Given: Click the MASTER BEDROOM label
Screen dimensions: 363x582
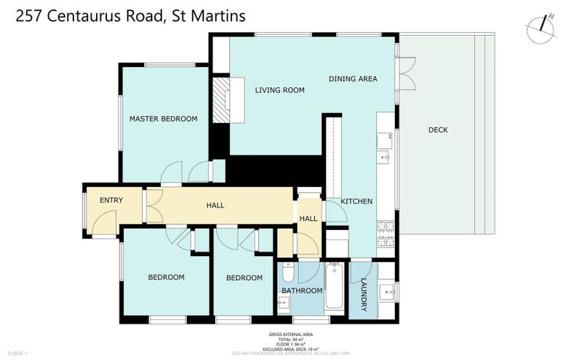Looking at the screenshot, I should click(163, 119).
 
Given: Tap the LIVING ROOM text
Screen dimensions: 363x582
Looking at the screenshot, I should click(279, 90).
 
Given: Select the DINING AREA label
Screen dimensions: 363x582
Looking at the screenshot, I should click(353, 79).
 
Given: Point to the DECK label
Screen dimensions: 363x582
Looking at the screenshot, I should click(438, 130).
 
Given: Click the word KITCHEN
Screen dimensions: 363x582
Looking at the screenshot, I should click(357, 202).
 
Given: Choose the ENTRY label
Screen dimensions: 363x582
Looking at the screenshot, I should click(111, 201).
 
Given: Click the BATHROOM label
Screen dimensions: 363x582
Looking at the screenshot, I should click(302, 291).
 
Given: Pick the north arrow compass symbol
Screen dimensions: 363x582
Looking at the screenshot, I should click(541, 25).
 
